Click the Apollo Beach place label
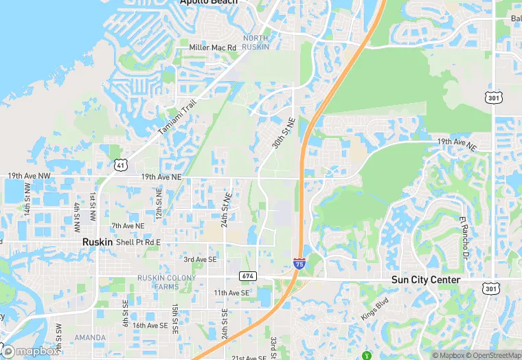pyautogui.click(x=208, y=3)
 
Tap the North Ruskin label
pyautogui.click(x=256, y=42)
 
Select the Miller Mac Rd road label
pyautogui.click(x=213, y=47)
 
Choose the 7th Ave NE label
pyautogui.click(x=128, y=225)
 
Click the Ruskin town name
pyautogui.click(x=97, y=243)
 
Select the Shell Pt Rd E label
pyautogui.click(x=138, y=243)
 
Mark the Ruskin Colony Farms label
pyautogui.click(x=166, y=282)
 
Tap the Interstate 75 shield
pyautogui.click(x=299, y=263)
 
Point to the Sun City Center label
pyautogui.click(x=426, y=280)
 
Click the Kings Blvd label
pyautogui.click(x=374, y=308)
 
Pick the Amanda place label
pyautogui.click(x=90, y=337)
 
